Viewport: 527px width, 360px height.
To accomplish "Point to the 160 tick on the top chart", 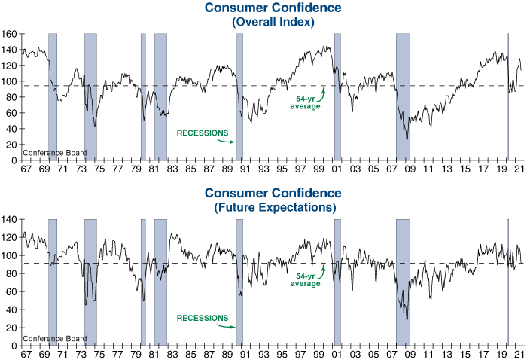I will click(x=9, y=34).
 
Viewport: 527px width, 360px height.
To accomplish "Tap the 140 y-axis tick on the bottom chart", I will click(x=9, y=219).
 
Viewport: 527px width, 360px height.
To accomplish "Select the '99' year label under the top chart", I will click(x=319, y=169).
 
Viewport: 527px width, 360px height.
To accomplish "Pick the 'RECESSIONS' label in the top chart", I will click(x=202, y=133).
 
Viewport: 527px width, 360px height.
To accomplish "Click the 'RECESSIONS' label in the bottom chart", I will click(x=202, y=318).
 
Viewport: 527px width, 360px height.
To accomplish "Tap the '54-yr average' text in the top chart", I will click(x=306, y=102).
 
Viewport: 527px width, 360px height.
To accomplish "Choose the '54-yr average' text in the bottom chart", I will click(x=306, y=279).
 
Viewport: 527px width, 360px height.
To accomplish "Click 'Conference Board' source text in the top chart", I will click(x=54, y=153).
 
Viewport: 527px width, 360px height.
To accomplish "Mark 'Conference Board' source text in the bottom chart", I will click(x=54, y=338).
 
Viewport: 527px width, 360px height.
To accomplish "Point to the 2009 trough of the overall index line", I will click(x=407, y=139).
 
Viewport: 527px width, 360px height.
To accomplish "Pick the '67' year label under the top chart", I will click(x=27, y=169).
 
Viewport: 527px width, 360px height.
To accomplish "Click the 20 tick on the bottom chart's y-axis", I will click(x=11, y=328).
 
